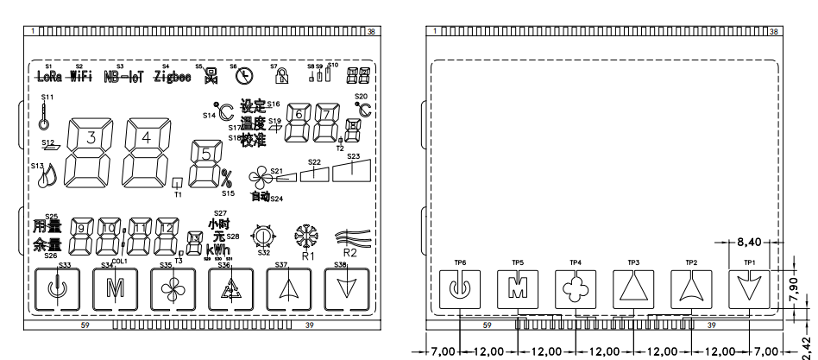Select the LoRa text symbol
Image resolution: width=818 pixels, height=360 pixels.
click(x=49, y=75)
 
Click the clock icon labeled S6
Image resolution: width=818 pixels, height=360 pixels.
click(x=244, y=76)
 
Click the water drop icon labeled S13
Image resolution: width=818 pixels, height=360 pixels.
click(x=47, y=177)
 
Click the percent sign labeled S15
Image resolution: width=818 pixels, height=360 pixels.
click(x=227, y=179)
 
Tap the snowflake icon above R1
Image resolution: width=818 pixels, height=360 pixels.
click(x=306, y=237)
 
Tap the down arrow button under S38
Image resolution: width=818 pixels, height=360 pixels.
click(x=346, y=287)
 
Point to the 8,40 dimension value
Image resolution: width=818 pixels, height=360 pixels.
click(x=749, y=244)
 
